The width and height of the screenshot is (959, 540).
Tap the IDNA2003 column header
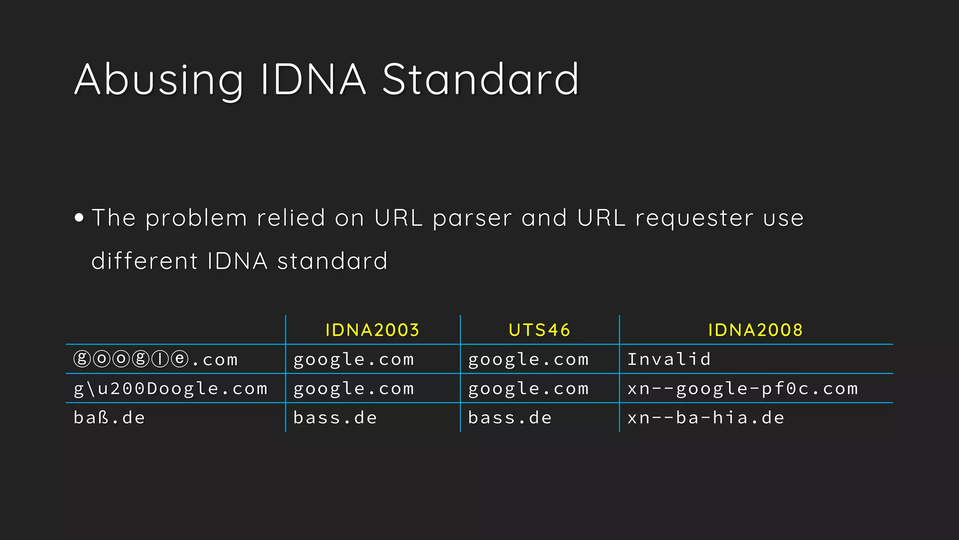pos(372,330)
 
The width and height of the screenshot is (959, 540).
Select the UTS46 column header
pos(539,330)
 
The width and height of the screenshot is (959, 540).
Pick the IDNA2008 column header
pos(755,330)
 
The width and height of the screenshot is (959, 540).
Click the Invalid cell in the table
pos(669,360)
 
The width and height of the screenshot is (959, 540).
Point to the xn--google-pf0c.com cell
pos(743,389)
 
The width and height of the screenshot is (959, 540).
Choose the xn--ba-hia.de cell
pos(706,418)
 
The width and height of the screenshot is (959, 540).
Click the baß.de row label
pos(110,418)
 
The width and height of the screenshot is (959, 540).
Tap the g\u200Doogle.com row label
pos(170,389)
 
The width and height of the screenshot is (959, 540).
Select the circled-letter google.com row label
pos(156,360)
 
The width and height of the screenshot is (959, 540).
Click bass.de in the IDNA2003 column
pos(335,418)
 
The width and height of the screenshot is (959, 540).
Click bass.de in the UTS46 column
pos(510,418)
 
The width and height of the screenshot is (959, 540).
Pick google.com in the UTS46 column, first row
pos(528,360)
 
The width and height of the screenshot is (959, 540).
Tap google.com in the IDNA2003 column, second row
pos(354,389)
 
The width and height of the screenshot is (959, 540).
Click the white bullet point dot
pos(79,217)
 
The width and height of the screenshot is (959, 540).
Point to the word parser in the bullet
pos(472,218)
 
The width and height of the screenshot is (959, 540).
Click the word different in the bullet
pos(144,261)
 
